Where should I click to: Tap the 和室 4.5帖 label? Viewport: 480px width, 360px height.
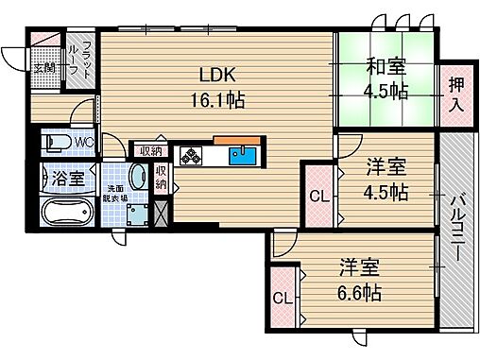pyautogui.click(x=386, y=79)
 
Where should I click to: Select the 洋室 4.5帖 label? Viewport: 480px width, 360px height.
pyautogui.click(x=386, y=180)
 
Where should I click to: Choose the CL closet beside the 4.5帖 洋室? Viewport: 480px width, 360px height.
pyautogui.click(x=317, y=197)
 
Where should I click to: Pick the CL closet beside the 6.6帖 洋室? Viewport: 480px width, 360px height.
pyautogui.click(x=282, y=299)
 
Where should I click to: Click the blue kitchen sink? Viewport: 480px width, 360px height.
pyautogui.click(x=245, y=154)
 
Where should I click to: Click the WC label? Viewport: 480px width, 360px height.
pyautogui.click(x=83, y=143)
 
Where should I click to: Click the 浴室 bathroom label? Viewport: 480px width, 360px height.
pyautogui.click(x=66, y=177)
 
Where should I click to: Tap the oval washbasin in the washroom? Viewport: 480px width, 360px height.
pyautogui.click(x=138, y=177)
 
